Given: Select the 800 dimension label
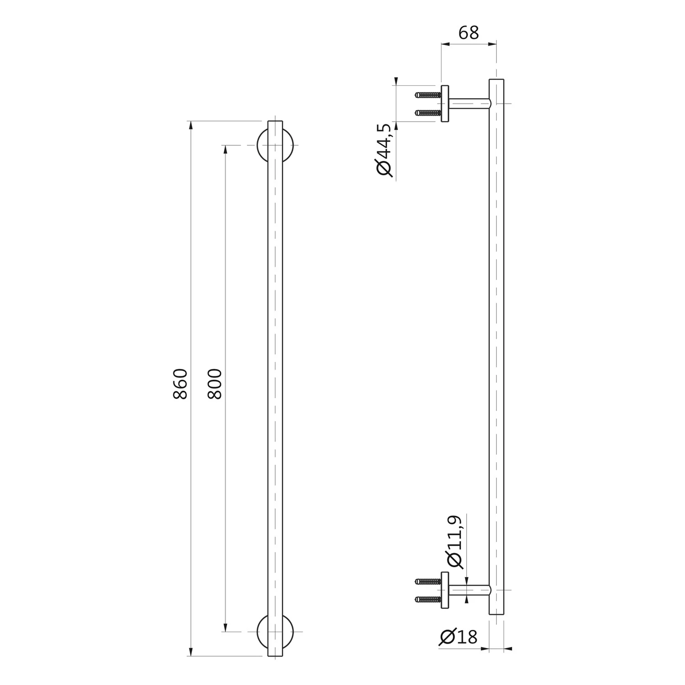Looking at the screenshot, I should click(215, 384).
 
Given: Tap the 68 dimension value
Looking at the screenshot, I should click(468, 33).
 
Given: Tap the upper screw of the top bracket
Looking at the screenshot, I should click(427, 95).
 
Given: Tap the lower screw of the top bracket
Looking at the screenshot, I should click(427, 112).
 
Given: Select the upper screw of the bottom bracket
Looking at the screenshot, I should click(427, 581).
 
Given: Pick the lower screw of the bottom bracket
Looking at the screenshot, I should click(427, 599).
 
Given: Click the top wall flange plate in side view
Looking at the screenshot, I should click(445, 104).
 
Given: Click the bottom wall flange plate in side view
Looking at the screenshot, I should click(445, 590).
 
